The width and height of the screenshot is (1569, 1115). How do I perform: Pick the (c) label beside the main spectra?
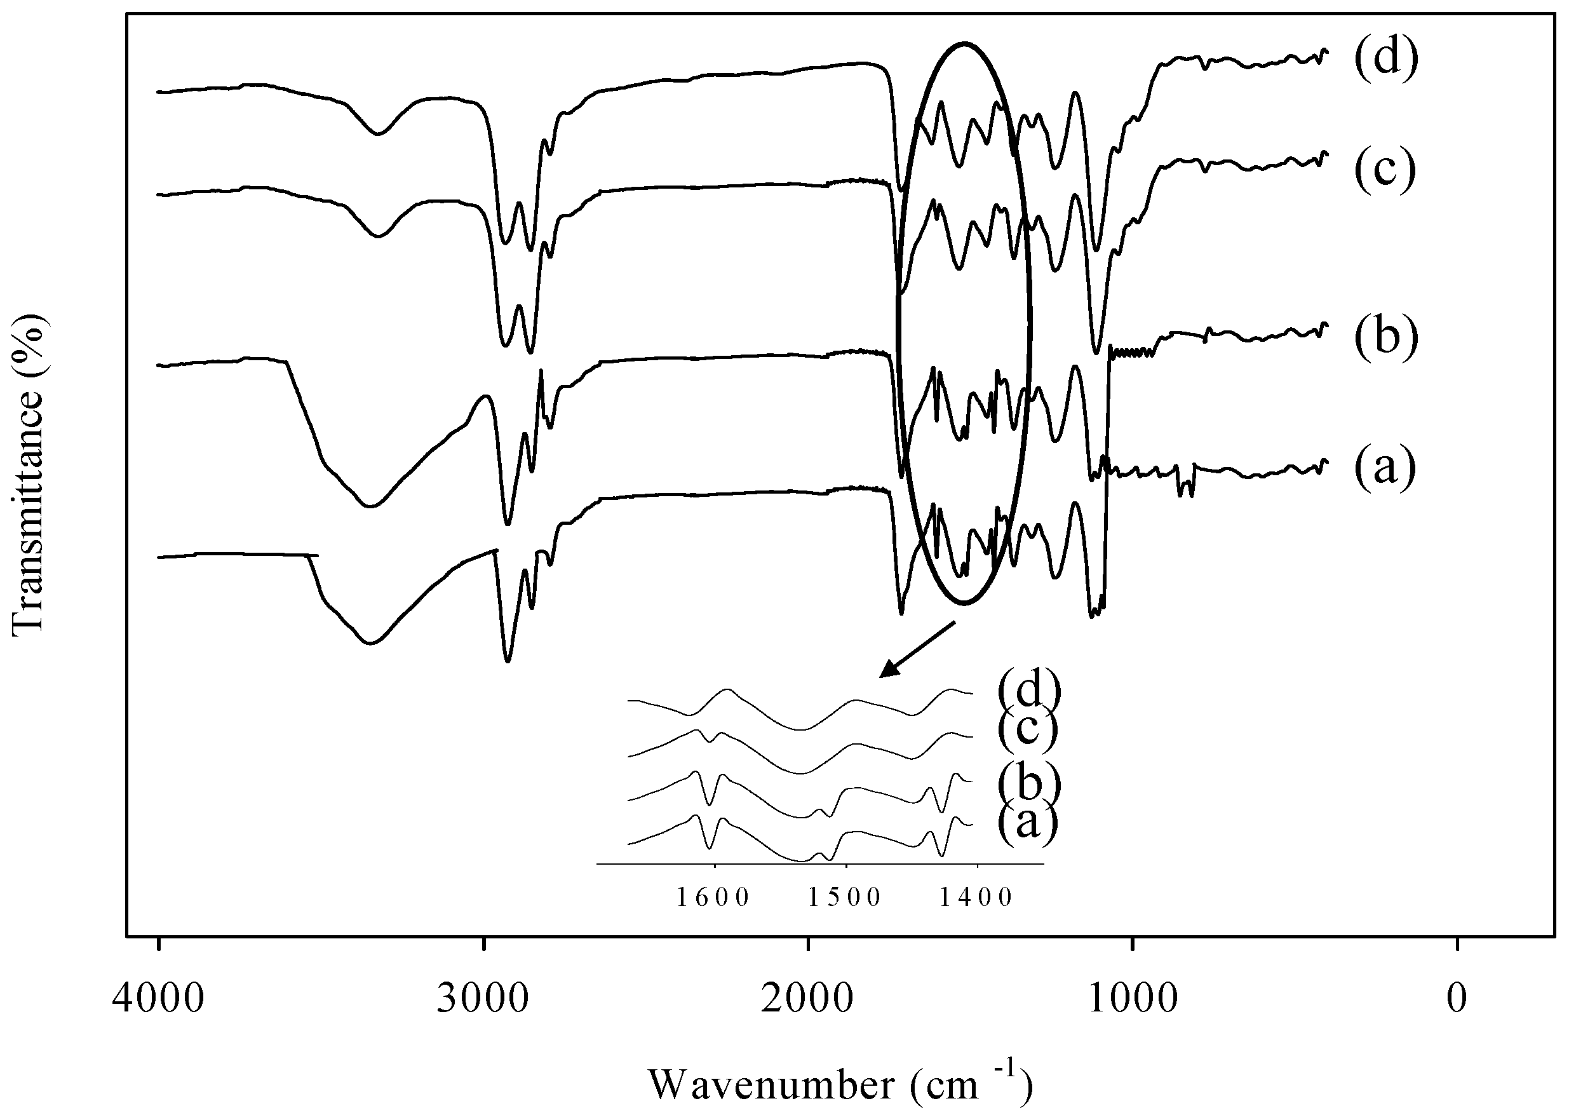pyautogui.click(x=1384, y=170)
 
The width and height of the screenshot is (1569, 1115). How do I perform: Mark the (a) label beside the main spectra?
pyautogui.click(x=1384, y=468)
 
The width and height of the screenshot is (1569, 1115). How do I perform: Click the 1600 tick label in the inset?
pyautogui.click(x=714, y=897)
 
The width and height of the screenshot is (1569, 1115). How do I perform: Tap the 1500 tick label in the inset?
pyautogui.click(x=845, y=897)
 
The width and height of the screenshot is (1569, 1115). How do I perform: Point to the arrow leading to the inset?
pyautogui.click(x=917, y=649)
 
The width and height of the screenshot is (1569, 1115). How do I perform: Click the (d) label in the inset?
pyautogui.click(x=1029, y=689)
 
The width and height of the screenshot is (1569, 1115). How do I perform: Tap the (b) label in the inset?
pyautogui.click(x=1029, y=783)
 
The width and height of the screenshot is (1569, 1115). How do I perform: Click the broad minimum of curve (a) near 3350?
pyautogui.click(x=370, y=644)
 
